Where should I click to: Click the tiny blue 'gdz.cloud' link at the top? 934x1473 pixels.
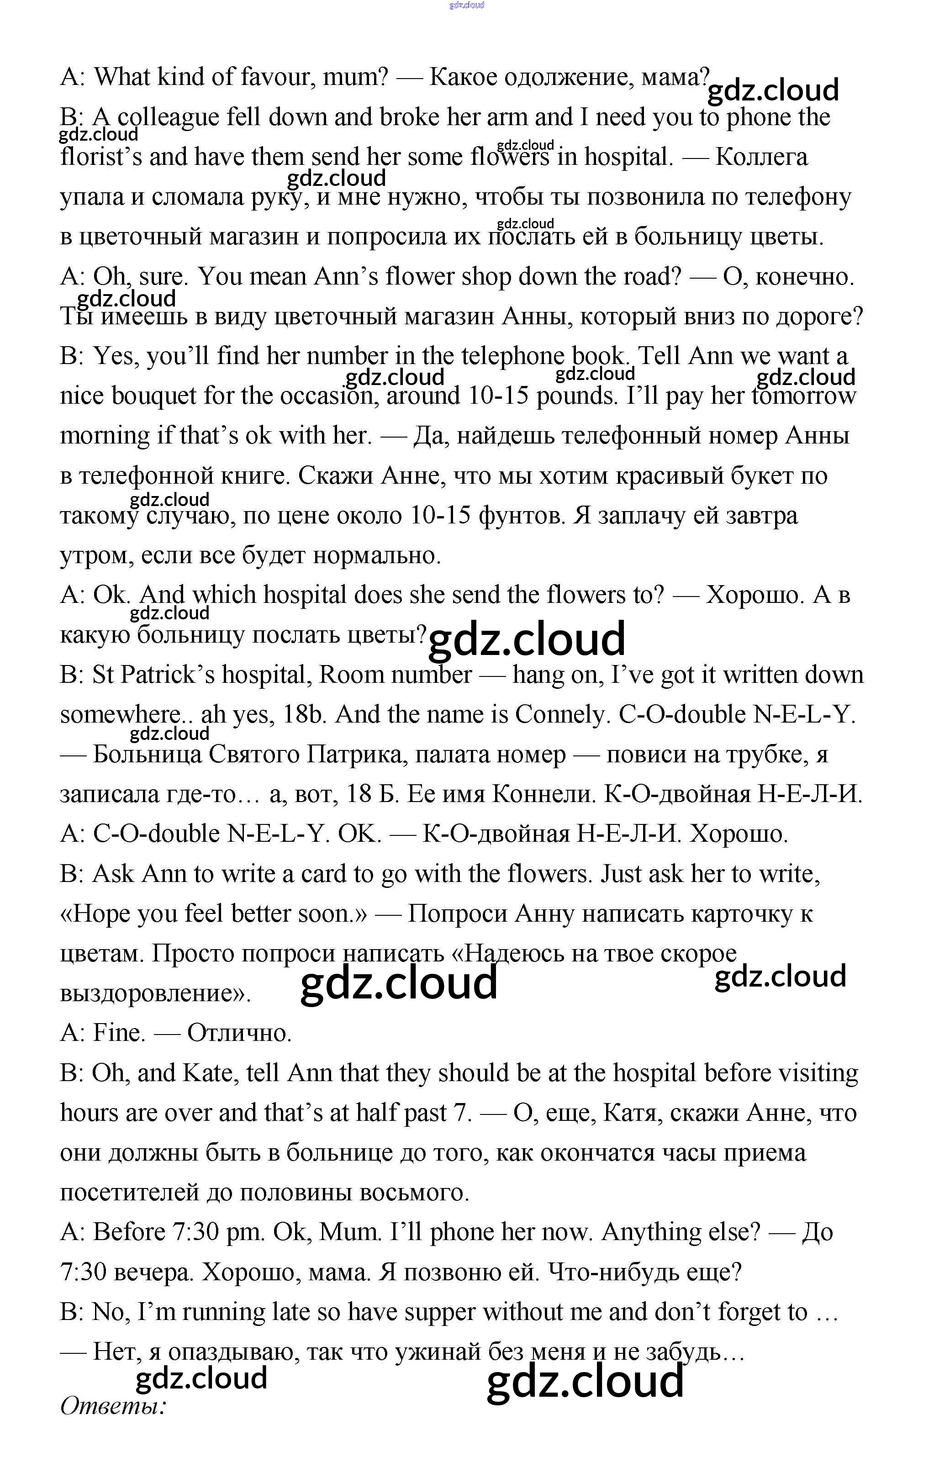[x=467, y=5]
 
